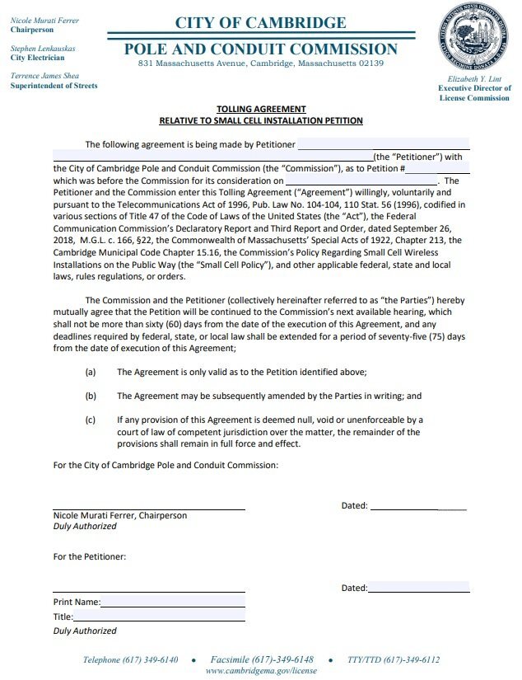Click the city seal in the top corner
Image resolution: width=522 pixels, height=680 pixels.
(x=473, y=37)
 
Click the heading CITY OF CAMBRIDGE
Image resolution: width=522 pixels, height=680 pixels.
(x=260, y=22)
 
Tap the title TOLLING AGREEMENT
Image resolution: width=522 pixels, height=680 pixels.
(x=261, y=109)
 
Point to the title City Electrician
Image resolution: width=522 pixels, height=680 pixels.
(x=37, y=59)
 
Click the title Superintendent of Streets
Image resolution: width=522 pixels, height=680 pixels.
(x=54, y=86)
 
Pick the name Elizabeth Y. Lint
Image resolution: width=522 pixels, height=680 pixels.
(x=473, y=78)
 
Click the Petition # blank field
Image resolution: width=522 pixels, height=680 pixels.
(x=437, y=168)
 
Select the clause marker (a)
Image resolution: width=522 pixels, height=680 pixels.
(x=91, y=373)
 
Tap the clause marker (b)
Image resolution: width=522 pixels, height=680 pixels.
(x=91, y=396)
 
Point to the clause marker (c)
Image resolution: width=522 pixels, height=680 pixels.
(x=91, y=420)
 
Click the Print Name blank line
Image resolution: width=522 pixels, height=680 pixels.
(x=173, y=603)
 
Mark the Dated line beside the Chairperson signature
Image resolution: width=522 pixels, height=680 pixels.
(x=418, y=506)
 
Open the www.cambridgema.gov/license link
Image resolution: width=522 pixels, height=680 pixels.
(x=260, y=671)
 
